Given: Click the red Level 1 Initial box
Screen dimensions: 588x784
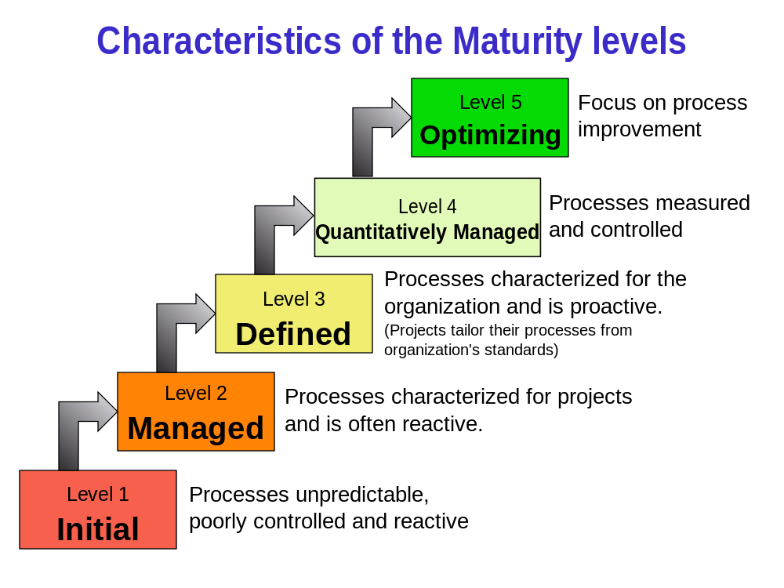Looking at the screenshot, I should click(98, 510).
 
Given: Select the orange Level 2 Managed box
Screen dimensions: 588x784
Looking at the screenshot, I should click(196, 412).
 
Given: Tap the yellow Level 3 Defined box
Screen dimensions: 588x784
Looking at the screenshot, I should click(294, 313).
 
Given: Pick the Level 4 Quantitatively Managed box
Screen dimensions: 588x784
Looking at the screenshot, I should click(427, 217).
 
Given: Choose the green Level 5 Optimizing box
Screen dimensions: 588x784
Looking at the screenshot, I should click(490, 118).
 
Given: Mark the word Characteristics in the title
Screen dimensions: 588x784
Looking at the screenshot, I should click(219, 41).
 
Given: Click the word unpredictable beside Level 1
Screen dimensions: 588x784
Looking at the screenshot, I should click(361, 495).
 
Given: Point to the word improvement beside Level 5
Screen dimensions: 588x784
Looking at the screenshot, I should click(639, 129).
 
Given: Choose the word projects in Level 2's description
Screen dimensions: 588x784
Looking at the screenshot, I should click(594, 397).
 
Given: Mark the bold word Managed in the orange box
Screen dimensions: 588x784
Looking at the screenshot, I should click(196, 428).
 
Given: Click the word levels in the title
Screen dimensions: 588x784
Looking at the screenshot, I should click(642, 41).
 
